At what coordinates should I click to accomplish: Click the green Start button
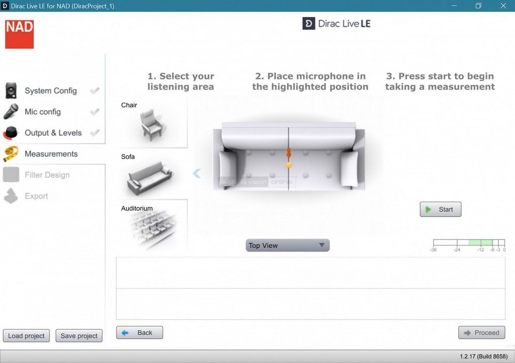coord(441,209)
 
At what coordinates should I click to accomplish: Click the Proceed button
coord(481,333)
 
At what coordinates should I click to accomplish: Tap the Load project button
coord(26,336)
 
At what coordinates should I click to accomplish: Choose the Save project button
coord(79,336)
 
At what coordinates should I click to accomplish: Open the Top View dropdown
coord(287,245)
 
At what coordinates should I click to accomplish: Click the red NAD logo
coord(20,34)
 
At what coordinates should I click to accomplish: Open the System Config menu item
coord(51,90)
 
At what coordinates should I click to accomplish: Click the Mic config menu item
coord(43,112)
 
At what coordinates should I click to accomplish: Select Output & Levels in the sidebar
coord(53,133)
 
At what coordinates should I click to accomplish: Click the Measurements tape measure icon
coord(11,154)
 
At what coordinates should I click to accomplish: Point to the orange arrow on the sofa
coord(289,153)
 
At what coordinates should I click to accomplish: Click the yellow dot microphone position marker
coord(289,165)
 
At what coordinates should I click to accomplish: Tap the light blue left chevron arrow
coord(197,173)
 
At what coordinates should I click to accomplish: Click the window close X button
coord(503,6)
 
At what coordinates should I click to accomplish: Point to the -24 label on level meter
coord(457,250)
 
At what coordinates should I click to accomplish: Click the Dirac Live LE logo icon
coord(309,24)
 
